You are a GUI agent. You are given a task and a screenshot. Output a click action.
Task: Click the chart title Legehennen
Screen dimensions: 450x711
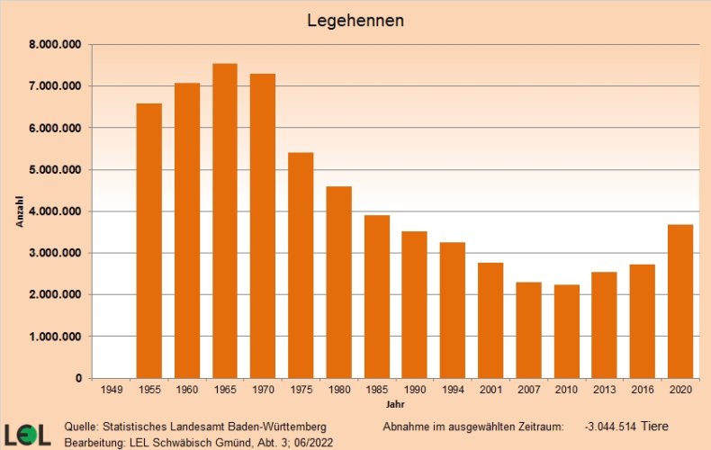355,19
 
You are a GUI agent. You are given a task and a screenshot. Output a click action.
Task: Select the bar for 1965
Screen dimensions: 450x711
225,220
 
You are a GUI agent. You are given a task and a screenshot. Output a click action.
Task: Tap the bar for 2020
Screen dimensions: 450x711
680,301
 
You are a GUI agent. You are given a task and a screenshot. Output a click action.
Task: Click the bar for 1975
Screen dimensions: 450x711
301,265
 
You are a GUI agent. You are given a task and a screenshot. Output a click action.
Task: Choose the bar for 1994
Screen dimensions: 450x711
453,310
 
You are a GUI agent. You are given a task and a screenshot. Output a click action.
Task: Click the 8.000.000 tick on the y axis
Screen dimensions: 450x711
56,45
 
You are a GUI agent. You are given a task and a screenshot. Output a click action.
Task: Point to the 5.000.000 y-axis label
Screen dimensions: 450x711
56,170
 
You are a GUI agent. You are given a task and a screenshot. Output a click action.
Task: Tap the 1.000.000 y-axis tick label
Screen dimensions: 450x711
56,337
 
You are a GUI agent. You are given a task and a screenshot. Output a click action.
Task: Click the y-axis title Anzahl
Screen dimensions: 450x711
20,211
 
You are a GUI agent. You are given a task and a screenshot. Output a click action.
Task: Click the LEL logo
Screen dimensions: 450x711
27,434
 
